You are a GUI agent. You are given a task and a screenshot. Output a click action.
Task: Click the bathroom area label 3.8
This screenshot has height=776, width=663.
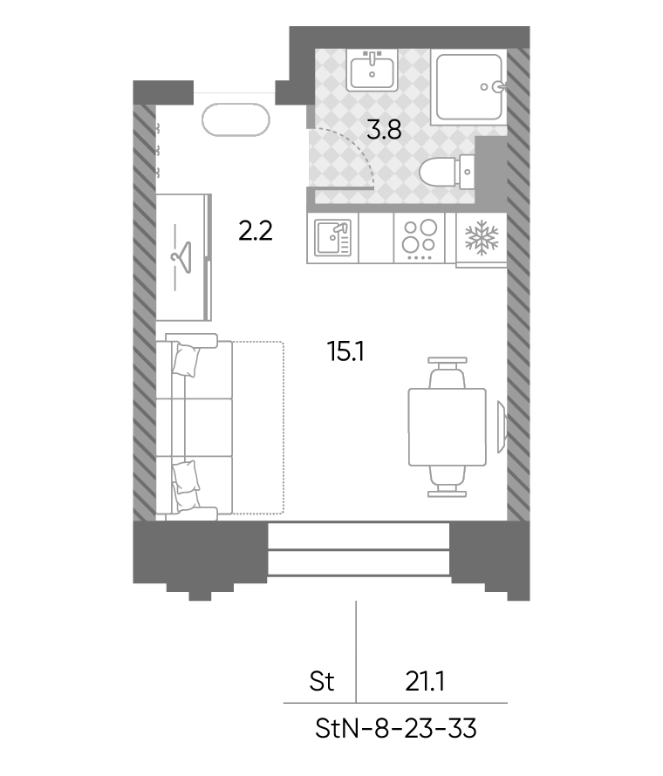pos(384,131)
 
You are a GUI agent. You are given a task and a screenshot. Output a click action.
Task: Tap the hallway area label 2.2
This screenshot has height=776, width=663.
pos(255,231)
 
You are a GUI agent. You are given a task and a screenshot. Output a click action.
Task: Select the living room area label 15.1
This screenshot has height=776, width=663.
pos(345,352)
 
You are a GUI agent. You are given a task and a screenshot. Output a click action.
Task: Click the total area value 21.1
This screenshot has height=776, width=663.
pos(425,682)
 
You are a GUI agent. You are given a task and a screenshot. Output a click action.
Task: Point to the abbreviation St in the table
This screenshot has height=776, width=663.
pos(322,682)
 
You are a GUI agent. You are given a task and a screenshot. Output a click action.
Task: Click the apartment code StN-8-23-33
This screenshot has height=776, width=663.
pos(396,729)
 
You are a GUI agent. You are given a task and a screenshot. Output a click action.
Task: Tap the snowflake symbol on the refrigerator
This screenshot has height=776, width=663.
pos(481,237)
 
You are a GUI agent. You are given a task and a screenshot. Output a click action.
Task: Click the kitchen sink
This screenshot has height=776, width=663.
pos(332,237)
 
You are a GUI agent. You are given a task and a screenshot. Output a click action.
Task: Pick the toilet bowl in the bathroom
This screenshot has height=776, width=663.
pos(447,172)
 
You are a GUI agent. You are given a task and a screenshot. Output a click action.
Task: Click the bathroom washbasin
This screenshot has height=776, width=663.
pos(372,71)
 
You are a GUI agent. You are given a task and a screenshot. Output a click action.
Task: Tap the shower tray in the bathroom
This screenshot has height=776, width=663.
pos(468,86)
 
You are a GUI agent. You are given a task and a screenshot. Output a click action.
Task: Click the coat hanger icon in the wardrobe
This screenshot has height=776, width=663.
pos(181,257)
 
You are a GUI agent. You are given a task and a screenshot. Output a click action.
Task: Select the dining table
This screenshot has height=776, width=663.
pos(448,426)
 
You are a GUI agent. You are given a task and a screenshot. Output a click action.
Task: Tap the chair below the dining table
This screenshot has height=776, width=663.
pos(448,480)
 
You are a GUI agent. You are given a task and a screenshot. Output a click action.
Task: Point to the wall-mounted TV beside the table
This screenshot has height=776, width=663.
pos(502,426)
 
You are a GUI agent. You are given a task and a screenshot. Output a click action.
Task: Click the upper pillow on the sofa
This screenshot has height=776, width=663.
pos(186,360)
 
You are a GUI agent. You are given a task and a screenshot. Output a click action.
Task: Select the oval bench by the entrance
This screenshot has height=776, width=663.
pos(236,119)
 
